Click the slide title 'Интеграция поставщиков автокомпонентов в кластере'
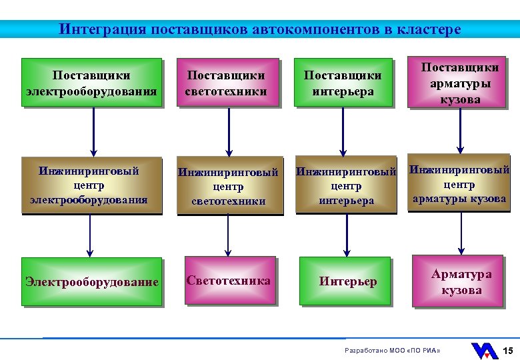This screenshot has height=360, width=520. [x=259, y=30]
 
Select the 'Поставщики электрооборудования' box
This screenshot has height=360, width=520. [x=91, y=83]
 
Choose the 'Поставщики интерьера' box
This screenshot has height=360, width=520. [x=343, y=83]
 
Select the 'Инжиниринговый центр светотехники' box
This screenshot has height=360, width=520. [x=228, y=187]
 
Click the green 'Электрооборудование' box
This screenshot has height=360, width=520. [x=91, y=281]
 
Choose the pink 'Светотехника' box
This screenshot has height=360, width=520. [x=229, y=281]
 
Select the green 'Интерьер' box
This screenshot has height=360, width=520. [x=345, y=281]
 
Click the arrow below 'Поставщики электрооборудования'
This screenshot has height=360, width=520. [x=93, y=131]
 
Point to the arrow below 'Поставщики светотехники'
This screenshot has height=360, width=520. [x=229, y=131]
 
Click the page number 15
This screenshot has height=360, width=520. [x=507, y=351]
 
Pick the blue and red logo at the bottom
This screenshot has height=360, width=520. [x=484, y=351]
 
